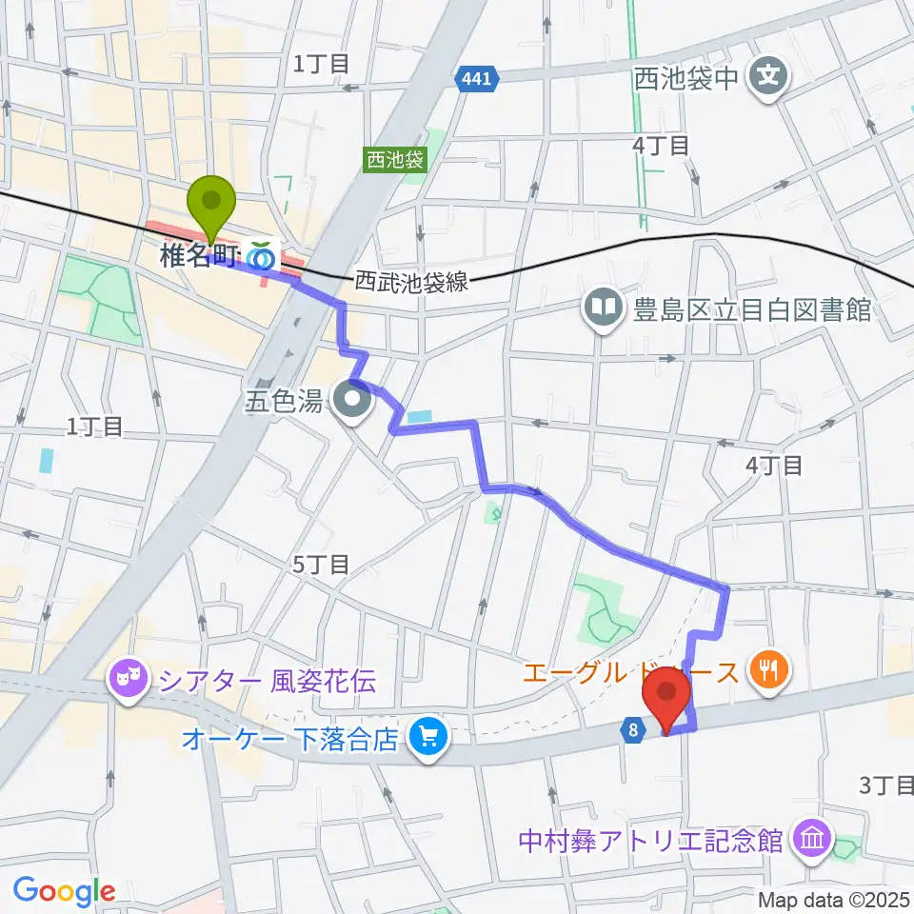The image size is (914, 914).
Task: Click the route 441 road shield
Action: coord(477,80)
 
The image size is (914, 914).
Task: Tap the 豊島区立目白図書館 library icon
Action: coord(603,307)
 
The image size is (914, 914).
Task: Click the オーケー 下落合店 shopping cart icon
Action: coord(427,738)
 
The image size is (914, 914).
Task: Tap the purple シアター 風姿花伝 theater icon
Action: coord(127,680)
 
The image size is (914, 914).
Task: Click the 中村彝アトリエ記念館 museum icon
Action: coord(814,840)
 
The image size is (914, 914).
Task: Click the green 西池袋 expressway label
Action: coord(393,160)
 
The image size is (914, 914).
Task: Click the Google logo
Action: coord(64,891)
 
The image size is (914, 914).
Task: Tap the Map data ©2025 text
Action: coord(834,899)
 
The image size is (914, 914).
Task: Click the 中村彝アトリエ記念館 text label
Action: coord(650,842)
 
